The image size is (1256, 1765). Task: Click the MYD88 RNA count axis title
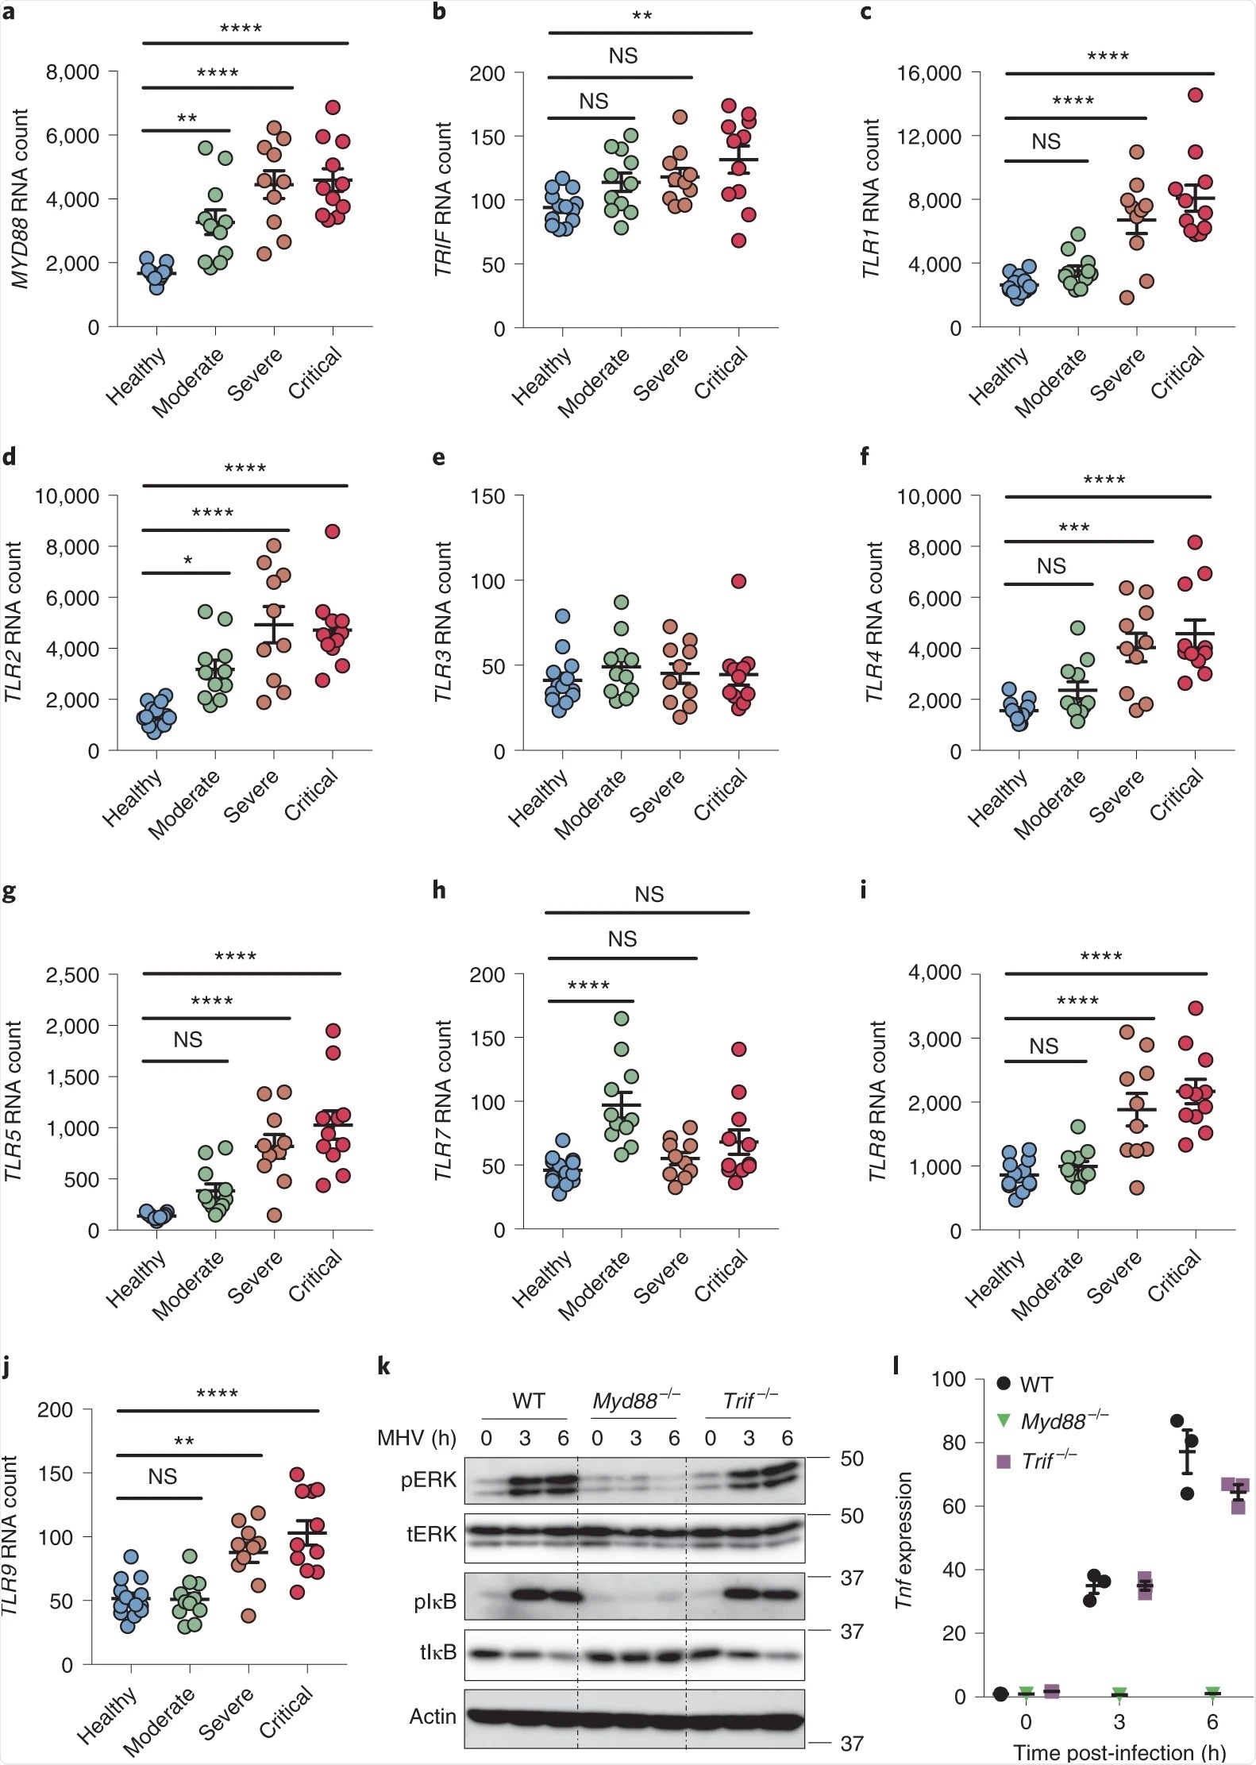click(x=20, y=198)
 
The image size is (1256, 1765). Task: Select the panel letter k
click(x=383, y=1366)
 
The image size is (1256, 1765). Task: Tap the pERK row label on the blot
click(x=429, y=1479)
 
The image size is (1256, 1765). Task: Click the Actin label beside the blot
click(x=433, y=1716)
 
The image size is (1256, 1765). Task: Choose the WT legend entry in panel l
click(x=1036, y=1385)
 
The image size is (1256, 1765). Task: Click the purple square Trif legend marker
click(x=1004, y=1461)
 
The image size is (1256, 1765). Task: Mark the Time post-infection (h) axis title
click(x=1119, y=1752)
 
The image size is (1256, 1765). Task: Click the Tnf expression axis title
click(x=903, y=1540)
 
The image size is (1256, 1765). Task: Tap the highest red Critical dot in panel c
click(x=1195, y=95)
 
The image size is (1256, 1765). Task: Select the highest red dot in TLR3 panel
click(x=738, y=581)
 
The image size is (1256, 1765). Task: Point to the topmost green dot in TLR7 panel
click(x=622, y=1019)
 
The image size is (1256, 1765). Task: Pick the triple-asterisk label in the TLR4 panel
click(x=1073, y=528)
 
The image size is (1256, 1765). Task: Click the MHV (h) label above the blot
click(x=417, y=1438)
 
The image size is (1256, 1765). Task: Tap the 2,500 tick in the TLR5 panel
click(x=72, y=975)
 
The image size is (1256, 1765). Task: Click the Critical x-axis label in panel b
click(x=721, y=373)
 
